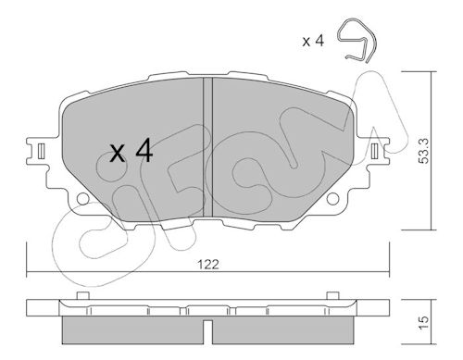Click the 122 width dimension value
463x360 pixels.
pos(208,265)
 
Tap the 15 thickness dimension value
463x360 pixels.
pos(424,322)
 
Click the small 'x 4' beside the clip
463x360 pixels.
pos(313,41)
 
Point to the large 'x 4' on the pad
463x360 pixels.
pos(131,151)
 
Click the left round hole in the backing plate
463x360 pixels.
pos(83,199)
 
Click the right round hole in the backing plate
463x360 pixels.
pos(332,199)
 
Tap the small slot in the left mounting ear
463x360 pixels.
pos(42,151)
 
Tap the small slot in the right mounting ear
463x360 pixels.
pos(375,151)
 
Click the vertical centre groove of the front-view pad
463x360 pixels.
pos(208,147)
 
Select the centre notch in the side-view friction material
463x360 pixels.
pos(208,332)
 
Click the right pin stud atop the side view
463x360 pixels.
pos(332,295)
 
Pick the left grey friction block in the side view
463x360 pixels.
pos(133,330)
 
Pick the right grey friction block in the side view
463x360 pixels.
pos(283,330)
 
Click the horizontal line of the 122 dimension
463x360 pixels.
pos(208,272)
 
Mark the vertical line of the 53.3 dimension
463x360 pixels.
pos(431,151)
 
